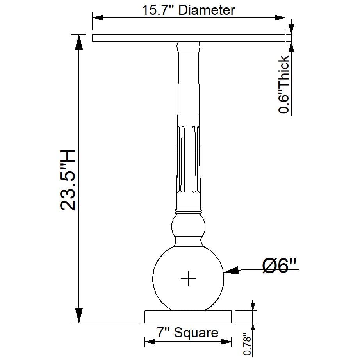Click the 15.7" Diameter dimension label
pyautogui.click(x=189, y=10)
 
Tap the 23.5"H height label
pyautogui.click(x=68, y=180)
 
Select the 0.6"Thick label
pyautogui.click(x=284, y=84)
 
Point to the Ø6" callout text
pyautogui.click(x=279, y=266)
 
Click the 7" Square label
pyautogui.click(x=187, y=332)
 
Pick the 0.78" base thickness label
pyautogui.click(x=247, y=344)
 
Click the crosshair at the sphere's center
pyautogui.click(x=188, y=278)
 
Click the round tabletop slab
pyautogui.click(x=189, y=38)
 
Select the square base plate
pyautogui.click(x=188, y=317)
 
